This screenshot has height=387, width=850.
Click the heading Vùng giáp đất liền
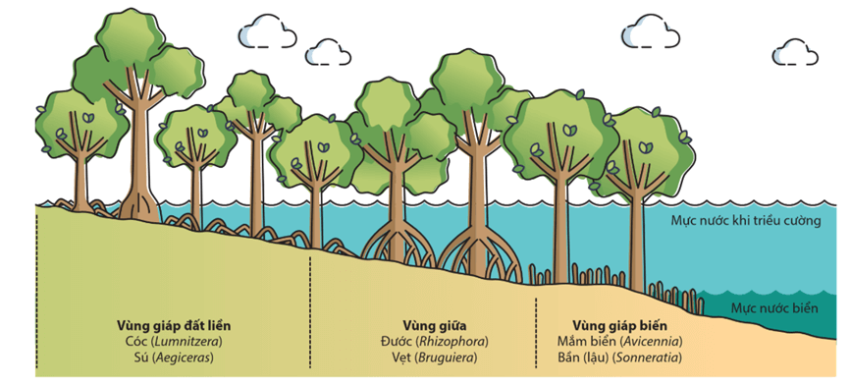pos(171,324)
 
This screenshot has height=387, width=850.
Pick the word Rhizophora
pos(452,341)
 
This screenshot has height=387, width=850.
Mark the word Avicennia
pos(649,341)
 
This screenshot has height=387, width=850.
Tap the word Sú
pos(138,358)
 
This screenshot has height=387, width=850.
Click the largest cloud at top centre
pos(267,30)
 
